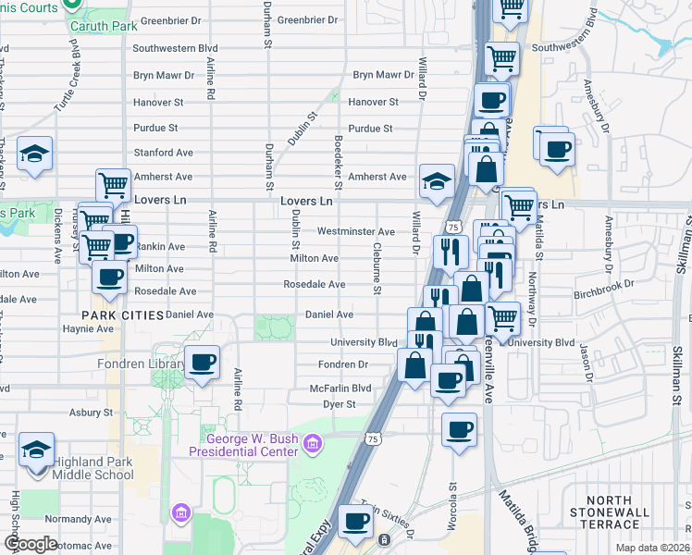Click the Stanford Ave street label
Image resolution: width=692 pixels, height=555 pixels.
coord(163,152)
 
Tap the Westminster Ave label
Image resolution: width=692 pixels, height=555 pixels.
coord(356,230)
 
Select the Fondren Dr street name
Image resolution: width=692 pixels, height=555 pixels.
coord(343,365)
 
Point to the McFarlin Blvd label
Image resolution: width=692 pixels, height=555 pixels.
coord(340,388)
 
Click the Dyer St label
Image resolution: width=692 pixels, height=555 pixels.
coord(339,404)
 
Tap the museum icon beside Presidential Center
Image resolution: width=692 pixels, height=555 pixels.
coord(314,445)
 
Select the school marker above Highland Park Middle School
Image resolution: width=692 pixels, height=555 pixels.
coord(36,449)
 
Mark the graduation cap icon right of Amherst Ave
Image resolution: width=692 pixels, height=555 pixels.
coord(436,179)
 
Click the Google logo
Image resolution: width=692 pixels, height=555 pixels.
coord(31,543)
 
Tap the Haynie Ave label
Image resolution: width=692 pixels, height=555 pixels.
coord(87,328)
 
